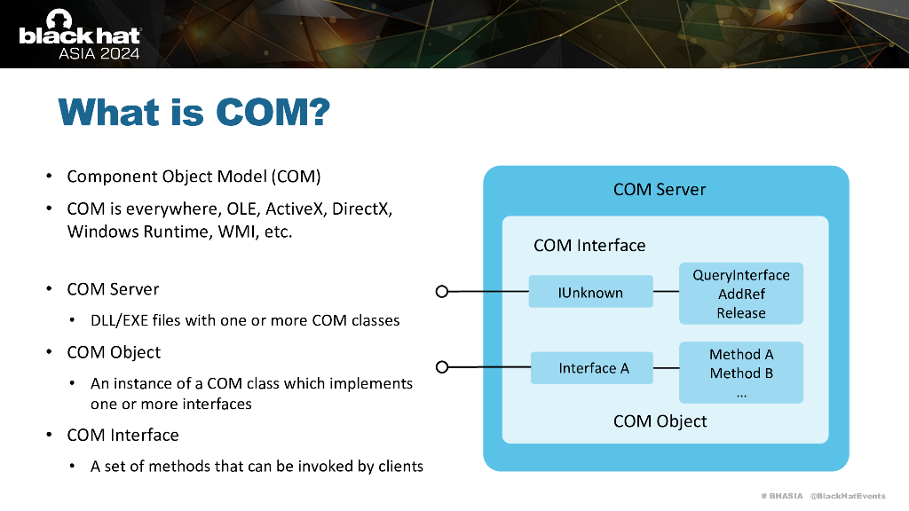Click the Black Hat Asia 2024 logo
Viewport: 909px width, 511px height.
(79, 34)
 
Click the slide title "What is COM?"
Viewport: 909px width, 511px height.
(194, 113)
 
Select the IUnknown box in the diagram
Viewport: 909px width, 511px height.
(590, 293)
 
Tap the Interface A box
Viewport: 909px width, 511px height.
(593, 368)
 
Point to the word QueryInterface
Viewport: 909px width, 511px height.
(741, 275)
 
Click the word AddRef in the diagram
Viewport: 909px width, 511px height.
(741, 294)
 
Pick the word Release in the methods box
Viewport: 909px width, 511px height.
(741, 313)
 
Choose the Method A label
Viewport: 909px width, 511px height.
(741, 354)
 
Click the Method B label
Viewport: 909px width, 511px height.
(741, 373)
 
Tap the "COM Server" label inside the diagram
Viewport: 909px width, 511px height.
(660, 189)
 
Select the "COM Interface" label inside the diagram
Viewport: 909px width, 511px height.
(589, 245)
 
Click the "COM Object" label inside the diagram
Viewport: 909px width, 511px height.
(660, 421)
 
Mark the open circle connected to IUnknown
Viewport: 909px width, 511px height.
(442, 291)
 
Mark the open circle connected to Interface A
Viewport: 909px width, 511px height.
(442, 366)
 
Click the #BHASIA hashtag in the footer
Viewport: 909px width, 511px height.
(781, 495)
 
